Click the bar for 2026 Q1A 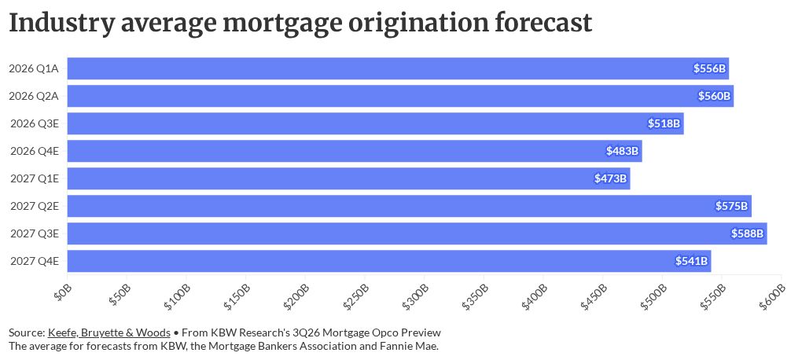coord(398,68)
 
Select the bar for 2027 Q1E coord(349,178)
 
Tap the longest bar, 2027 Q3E coord(418,233)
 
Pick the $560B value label coord(715,96)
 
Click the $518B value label coord(664,123)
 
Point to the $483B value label coord(623,151)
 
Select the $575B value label coord(732,206)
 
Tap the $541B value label coord(691,261)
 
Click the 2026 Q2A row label coord(34,96)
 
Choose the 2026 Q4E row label coord(34,151)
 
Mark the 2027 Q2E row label coord(34,206)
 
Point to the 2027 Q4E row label coord(34,261)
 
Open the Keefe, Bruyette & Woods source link coord(109,333)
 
